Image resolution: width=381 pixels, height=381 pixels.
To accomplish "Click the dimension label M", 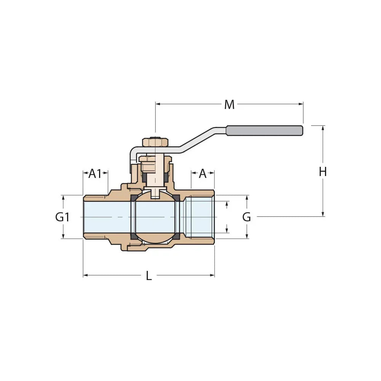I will tap(229, 104).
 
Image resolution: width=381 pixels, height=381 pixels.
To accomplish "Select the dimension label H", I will tap(323, 172).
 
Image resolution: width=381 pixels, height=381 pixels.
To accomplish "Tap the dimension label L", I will tap(149, 276).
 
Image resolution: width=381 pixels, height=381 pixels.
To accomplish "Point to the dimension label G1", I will tap(62, 217).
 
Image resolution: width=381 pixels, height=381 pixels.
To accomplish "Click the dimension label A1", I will tap(95, 174).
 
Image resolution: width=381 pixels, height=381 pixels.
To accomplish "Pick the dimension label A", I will tap(203, 174).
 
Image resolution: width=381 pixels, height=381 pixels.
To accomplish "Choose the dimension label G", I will tap(247, 217).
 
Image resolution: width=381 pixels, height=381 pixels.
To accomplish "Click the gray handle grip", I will tap(265, 130).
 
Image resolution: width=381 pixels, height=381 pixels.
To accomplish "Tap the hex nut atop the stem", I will tap(155, 142).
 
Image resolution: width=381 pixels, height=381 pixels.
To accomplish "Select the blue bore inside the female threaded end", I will tap(200, 217).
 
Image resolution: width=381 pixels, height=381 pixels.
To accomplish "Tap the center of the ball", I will tap(155, 217).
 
